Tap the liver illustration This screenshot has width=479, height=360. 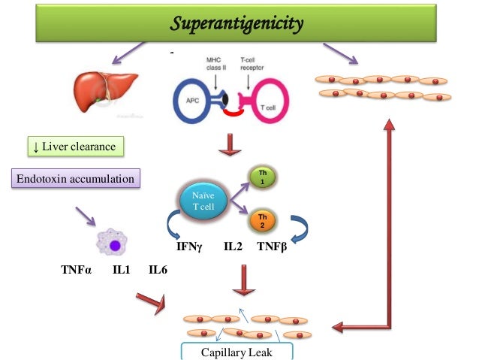tap(105, 92)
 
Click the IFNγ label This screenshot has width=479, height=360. tap(188, 247)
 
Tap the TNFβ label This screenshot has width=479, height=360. tap(272, 247)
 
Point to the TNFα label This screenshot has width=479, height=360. tap(76, 269)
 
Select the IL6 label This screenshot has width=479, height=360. tap(158, 269)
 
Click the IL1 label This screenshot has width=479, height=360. tap(122, 269)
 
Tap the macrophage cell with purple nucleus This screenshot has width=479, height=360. tap(113, 245)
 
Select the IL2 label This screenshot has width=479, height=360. tap(233, 247)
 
